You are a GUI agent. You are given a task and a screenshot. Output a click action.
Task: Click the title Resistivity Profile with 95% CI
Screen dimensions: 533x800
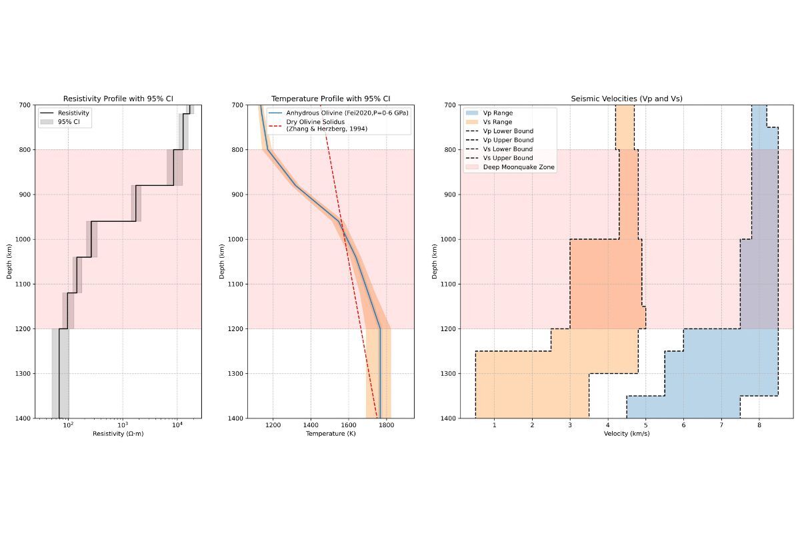point(118,99)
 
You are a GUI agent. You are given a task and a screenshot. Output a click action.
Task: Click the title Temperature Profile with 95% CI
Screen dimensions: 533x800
point(331,99)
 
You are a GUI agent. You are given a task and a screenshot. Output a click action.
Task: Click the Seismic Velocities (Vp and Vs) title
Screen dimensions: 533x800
point(626,99)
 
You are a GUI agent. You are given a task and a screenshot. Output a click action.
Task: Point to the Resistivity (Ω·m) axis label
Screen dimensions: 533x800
point(118,434)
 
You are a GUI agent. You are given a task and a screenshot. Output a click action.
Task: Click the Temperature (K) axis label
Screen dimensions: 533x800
point(331,434)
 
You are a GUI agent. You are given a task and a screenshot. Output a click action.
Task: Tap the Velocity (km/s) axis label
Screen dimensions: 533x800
point(626,434)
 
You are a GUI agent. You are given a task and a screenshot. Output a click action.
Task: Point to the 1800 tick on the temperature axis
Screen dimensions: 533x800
point(386,425)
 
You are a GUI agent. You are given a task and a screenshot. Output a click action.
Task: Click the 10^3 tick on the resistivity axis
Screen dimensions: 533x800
point(123,425)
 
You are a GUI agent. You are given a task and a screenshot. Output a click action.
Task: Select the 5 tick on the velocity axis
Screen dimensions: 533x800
point(645,425)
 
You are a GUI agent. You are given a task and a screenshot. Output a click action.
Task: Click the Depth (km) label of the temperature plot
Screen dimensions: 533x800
point(222,261)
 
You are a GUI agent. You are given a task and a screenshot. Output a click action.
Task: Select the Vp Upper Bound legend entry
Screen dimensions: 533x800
point(508,140)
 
